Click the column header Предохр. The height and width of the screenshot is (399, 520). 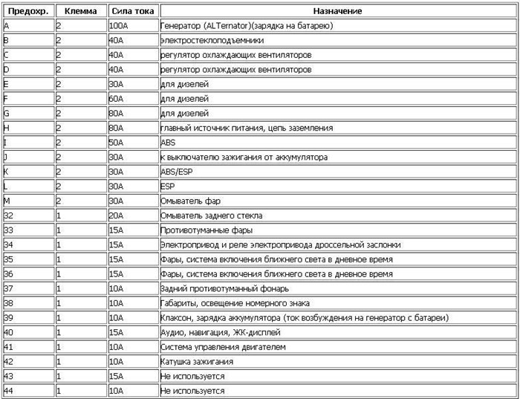pos(27,11)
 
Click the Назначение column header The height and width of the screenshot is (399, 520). pos(337,11)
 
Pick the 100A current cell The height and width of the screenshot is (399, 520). pos(119,26)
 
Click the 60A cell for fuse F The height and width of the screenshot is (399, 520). pos(117,99)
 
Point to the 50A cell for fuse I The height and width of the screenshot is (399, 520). pos(117,142)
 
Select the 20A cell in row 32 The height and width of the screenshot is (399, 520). pos(117,215)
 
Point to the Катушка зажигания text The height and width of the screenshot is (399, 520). pos(196,362)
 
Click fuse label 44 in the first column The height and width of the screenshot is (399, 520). pos(9,391)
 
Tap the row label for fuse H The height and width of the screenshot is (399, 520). pos(7,128)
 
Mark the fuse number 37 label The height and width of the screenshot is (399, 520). pos(9,288)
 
